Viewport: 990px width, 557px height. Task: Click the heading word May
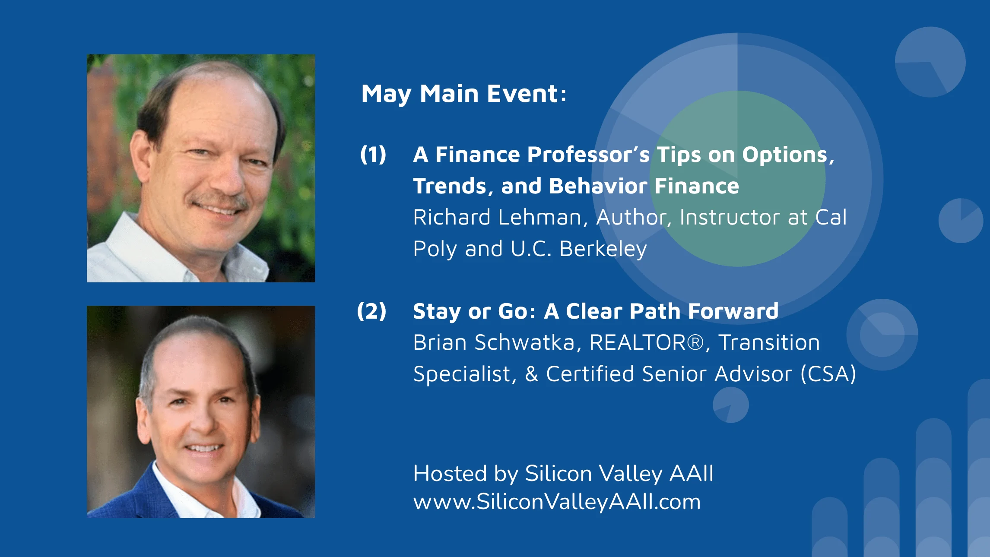point(387,95)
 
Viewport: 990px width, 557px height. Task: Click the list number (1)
point(373,155)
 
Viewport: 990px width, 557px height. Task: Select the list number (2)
point(372,311)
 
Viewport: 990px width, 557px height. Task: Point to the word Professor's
point(588,155)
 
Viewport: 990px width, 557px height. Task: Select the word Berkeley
point(603,249)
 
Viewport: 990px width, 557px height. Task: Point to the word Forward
point(733,311)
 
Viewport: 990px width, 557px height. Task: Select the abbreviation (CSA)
point(828,374)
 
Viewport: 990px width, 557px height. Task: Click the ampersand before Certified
point(532,374)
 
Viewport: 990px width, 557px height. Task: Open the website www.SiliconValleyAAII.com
point(557,502)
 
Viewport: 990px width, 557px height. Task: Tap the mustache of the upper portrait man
point(219,201)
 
